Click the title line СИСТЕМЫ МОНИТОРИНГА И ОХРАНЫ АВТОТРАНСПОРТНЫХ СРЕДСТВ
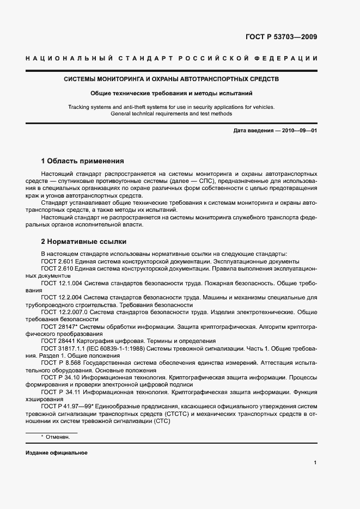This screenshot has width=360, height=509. [x=172, y=79]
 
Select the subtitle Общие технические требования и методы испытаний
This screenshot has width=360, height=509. [x=172, y=93]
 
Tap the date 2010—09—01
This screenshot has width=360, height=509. [x=299, y=131]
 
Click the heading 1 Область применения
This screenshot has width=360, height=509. [x=82, y=161]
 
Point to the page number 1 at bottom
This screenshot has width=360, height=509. [x=315, y=463]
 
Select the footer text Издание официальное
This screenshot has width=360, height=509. [x=56, y=453]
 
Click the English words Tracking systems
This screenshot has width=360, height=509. [x=89, y=107]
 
